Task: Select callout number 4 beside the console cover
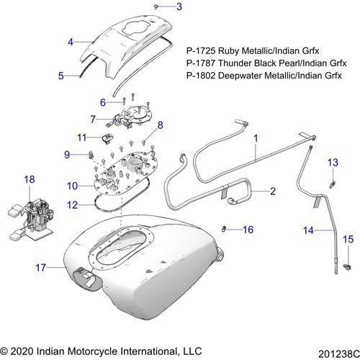[71, 42]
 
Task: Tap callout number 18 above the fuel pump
[30, 178]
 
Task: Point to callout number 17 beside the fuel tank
[40, 267]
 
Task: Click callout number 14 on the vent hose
[307, 231]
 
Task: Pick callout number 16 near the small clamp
[248, 230]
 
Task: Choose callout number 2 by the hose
[272, 191]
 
